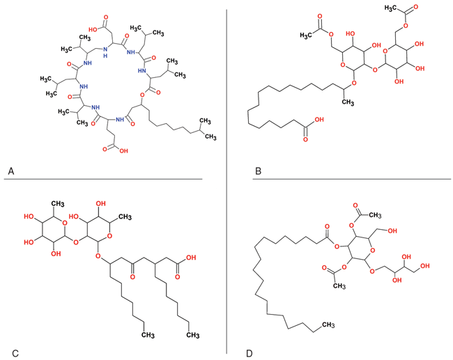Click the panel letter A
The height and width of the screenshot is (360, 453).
[10, 169]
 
